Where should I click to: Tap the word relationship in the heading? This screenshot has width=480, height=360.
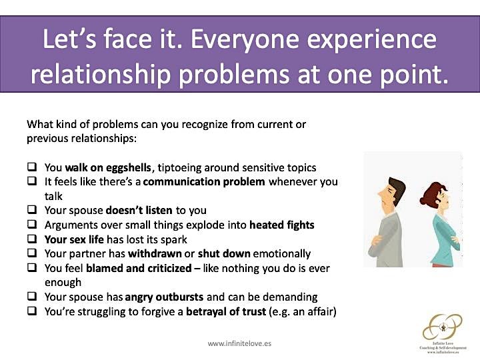point(101,75)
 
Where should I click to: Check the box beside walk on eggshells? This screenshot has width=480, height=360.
point(32,167)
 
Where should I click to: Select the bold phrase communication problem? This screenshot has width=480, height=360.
point(204,182)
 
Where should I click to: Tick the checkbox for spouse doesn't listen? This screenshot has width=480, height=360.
point(32,210)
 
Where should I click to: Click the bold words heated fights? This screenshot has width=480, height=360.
point(282,225)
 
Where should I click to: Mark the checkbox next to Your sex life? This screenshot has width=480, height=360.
point(32,239)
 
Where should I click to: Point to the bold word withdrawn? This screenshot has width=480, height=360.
point(155,253)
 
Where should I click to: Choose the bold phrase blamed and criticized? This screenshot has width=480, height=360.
point(139,268)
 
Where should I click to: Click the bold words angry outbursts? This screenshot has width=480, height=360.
point(164,297)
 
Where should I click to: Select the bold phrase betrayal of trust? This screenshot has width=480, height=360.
point(226,311)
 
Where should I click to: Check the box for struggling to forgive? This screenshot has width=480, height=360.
point(32,311)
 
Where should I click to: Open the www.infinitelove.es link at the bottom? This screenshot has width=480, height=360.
point(239,343)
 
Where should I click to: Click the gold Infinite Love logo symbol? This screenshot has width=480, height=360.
point(443,327)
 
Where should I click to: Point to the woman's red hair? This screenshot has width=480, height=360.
point(431,193)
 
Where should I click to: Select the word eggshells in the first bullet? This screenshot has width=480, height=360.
point(128,168)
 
